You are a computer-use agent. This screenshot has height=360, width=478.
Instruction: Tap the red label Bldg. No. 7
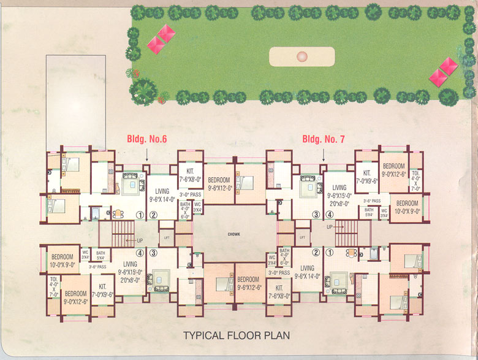point(324,139)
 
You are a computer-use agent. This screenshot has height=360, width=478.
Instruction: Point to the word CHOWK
point(233,234)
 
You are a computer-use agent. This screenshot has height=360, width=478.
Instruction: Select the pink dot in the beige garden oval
point(301,57)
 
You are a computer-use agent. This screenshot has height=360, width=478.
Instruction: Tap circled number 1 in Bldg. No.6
point(140,215)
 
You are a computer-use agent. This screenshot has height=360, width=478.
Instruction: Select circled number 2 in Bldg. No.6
point(154,215)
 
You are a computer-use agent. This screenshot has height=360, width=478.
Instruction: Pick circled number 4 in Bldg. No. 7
point(330,215)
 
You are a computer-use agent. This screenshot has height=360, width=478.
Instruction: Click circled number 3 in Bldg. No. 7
point(316,215)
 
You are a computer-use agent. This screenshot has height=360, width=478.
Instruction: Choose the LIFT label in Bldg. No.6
point(166,236)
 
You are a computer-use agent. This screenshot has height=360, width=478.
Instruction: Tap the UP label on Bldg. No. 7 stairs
point(330,227)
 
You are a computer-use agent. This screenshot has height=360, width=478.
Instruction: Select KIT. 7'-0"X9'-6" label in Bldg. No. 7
point(367,177)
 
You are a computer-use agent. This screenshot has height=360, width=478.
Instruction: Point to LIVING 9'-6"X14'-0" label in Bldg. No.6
point(162,194)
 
